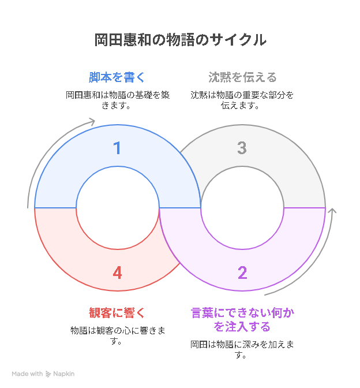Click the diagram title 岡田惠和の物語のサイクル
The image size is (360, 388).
[180, 40]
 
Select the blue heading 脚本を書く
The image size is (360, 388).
[117, 77]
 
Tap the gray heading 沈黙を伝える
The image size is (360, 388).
[242, 77]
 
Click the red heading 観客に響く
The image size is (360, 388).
[117, 313]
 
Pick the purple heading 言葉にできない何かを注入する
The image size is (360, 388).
[242, 319]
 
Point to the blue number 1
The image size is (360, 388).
[117, 148]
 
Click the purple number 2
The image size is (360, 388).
[242, 273]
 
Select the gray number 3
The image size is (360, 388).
[242, 148]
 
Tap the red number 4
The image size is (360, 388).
[118, 273]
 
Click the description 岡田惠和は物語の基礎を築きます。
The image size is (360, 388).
[118, 100]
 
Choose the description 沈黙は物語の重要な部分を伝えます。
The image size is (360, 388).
[242, 100]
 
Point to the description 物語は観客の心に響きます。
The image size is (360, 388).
[118, 336]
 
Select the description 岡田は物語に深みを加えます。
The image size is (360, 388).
[242, 350]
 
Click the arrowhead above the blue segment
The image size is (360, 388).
[92, 121]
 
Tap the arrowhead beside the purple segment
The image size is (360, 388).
[332, 211]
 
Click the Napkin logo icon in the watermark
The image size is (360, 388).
[48, 374]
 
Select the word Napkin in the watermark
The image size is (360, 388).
[64, 374]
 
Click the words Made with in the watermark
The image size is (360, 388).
[27, 374]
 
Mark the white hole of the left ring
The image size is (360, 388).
[118, 208]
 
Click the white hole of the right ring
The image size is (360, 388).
[242, 208]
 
